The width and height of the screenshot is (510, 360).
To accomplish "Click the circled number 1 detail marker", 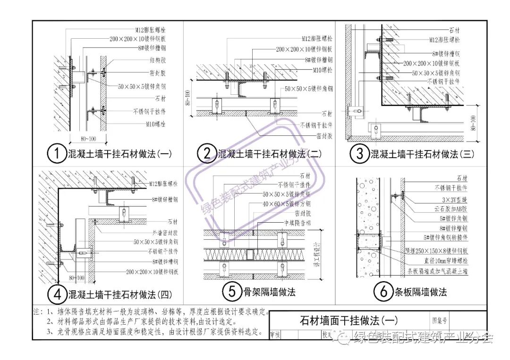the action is pyautogui.click(x=57, y=154).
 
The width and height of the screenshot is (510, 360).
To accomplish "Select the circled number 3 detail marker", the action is pyautogui.click(x=359, y=154).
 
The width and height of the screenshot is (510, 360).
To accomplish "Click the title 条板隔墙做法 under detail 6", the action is pyautogui.click(x=420, y=292).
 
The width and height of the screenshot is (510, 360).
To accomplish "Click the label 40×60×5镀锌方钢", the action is pyautogui.click(x=287, y=204).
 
